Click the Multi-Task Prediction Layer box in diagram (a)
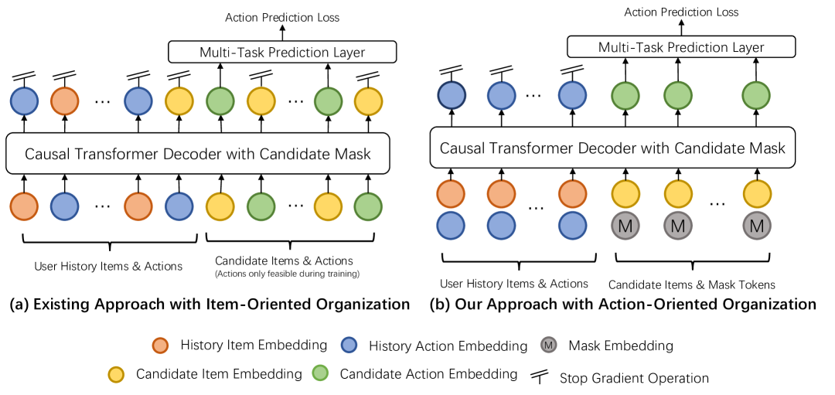(x=282, y=53)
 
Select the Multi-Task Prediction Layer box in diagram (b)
(x=681, y=47)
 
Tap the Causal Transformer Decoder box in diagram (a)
(x=198, y=154)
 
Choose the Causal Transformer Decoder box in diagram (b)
(x=612, y=148)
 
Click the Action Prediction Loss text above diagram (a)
(x=282, y=17)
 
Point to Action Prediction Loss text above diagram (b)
(x=681, y=12)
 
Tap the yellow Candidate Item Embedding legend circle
(x=117, y=375)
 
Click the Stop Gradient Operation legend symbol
(x=540, y=377)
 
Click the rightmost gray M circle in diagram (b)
(x=758, y=226)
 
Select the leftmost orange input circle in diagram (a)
(x=24, y=206)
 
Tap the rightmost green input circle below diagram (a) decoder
(x=367, y=206)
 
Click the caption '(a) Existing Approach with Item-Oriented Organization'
(x=210, y=305)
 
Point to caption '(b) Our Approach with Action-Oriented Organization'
(x=623, y=305)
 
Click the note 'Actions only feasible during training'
(x=288, y=274)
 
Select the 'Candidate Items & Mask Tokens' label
(x=691, y=284)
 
